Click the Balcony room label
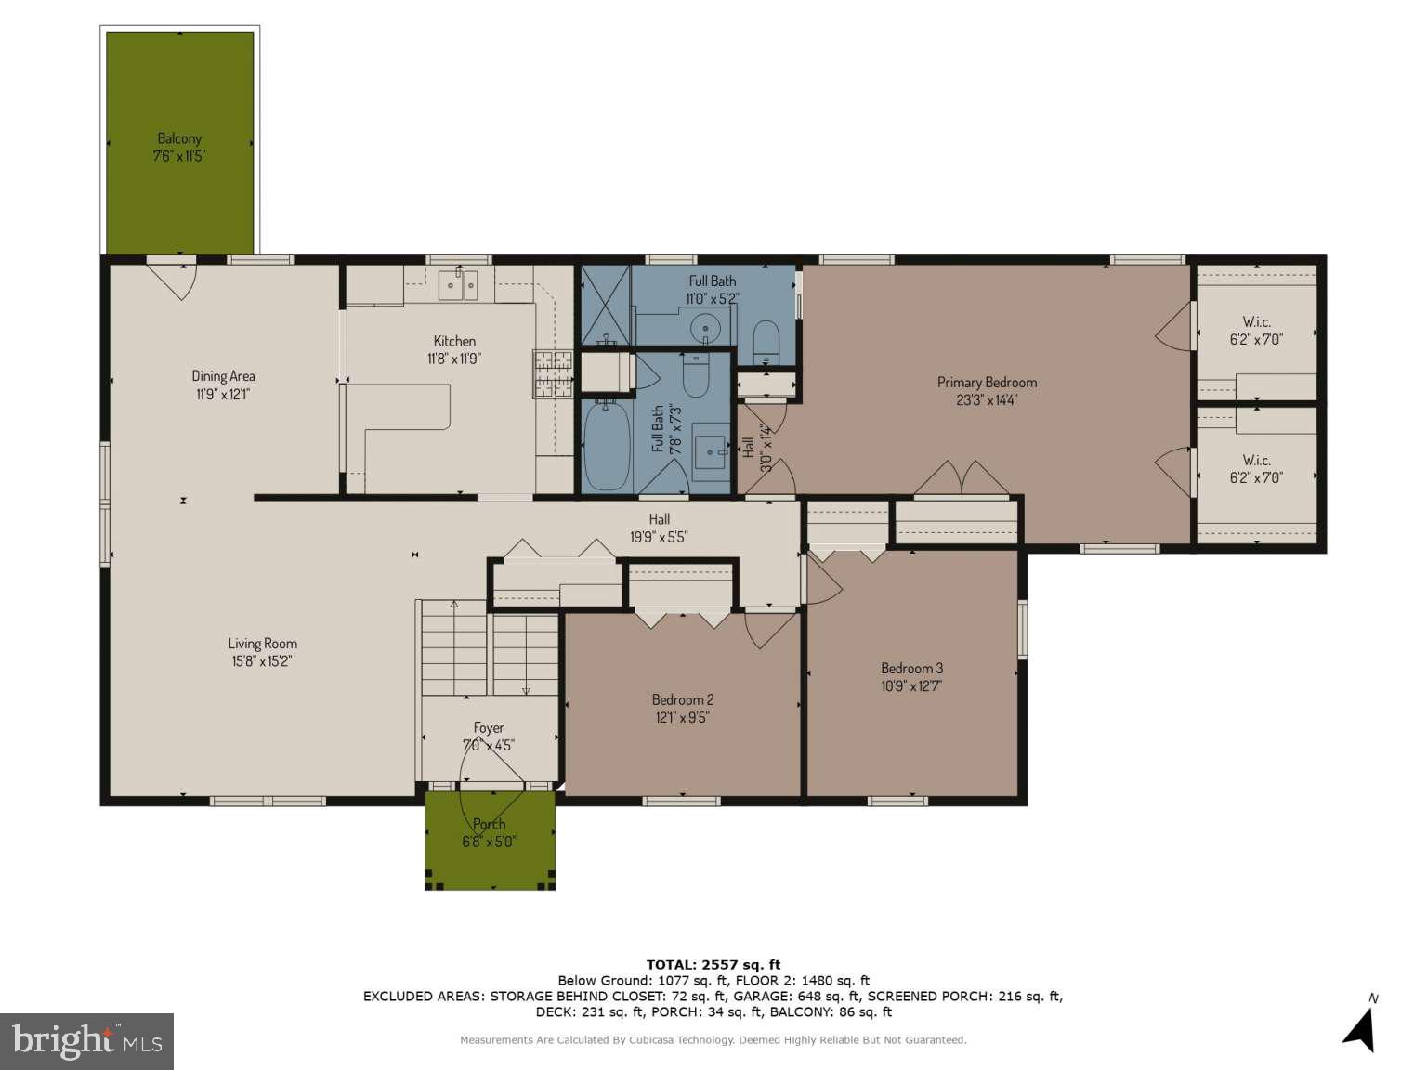click(x=179, y=138)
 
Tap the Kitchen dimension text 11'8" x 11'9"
click(x=454, y=359)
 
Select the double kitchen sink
click(x=458, y=284)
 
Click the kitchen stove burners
click(x=554, y=373)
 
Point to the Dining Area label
click(x=223, y=376)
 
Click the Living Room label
click(x=263, y=644)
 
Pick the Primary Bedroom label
click(x=987, y=383)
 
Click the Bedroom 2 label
click(x=683, y=700)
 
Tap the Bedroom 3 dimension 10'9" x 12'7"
click(x=911, y=686)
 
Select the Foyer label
click(x=489, y=728)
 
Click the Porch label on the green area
click(x=489, y=824)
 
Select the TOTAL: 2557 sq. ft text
click(x=713, y=965)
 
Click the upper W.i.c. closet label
click(x=1256, y=322)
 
